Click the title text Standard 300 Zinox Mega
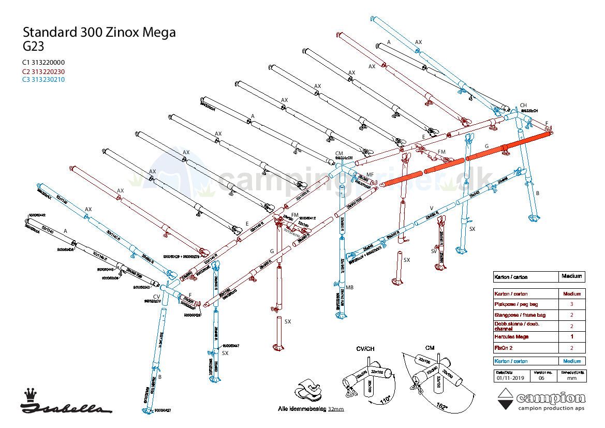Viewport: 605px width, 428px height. coord(99,33)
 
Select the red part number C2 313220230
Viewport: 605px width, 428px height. coord(43,71)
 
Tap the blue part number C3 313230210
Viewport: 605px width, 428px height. coord(43,80)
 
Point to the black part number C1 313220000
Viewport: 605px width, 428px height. coord(43,63)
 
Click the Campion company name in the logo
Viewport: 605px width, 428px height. coord(551,398)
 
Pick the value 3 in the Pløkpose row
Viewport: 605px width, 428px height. coord(571,304)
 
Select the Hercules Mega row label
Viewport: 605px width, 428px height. coord(511,337)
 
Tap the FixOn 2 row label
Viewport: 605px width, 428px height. coord(504,348)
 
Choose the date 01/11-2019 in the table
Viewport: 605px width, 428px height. coord(510,378)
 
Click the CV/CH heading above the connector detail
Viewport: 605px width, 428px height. coord(365,348)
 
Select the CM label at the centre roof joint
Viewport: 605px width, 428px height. coord(339,154)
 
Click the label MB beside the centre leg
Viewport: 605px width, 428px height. coord(335,287)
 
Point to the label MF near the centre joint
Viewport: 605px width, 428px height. coord(370,175)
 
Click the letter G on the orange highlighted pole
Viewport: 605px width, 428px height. coord(486,146)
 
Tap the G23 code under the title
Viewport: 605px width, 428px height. coord(33,46)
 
